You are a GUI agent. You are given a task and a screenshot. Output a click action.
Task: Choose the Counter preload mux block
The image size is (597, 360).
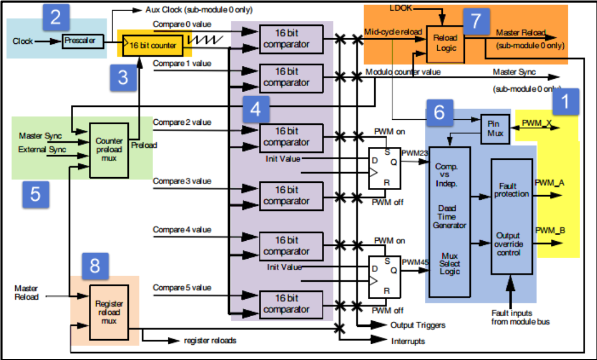[109, 148]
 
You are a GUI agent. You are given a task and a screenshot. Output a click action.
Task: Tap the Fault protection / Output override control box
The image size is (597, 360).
[511, 216]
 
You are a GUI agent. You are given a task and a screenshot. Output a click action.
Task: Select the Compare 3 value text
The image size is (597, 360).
[182, 181]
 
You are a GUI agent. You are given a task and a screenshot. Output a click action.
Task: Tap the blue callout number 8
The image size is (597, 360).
[96, 264]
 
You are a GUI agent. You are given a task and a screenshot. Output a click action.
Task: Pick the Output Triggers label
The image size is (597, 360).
[418, 325]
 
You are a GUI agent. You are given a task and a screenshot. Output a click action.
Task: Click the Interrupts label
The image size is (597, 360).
[408, 341]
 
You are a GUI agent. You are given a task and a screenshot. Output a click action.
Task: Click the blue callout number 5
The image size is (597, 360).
[35, 193]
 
